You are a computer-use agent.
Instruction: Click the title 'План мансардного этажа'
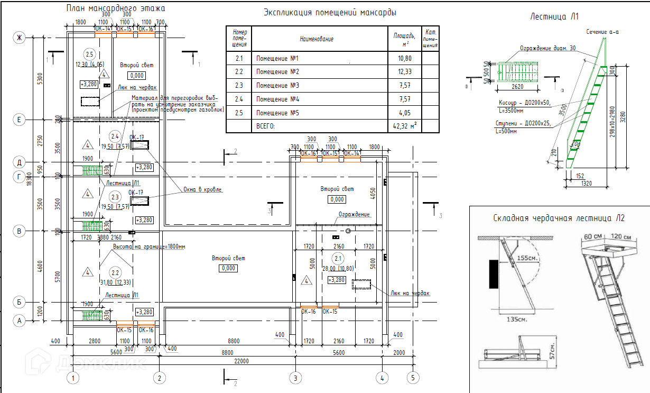point(116,8)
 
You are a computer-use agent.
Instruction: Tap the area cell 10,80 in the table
point(404,58)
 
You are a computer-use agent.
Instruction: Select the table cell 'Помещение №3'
point(277,86)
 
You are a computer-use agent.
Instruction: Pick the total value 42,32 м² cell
point(405,126)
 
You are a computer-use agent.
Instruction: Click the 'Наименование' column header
point(317,39)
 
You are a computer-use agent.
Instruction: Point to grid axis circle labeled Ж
point(20,38)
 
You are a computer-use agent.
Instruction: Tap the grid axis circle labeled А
point(20,321)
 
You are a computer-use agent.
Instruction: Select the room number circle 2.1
point(337,258)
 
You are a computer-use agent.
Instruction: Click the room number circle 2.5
point(89,54)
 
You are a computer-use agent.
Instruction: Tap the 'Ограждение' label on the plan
point(354,214)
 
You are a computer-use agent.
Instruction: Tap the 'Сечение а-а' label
point(602,32)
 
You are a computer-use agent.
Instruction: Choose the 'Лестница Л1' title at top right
point(554,17)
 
